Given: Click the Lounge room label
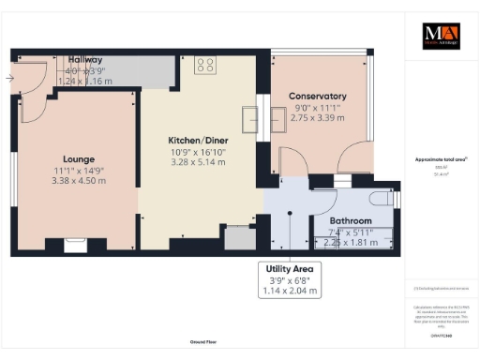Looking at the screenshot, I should (77, 158).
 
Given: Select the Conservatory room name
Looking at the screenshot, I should (317, 97).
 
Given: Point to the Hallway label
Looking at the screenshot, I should (84, 59).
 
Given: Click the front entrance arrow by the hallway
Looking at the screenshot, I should (9, 79).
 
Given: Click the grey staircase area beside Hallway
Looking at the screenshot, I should (141, 68).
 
